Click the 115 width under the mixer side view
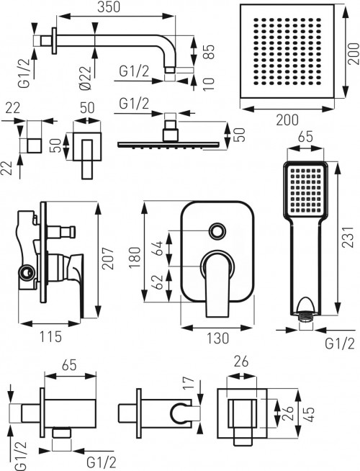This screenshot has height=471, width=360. coord(48,336)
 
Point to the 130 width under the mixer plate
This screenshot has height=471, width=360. coord(217,337)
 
